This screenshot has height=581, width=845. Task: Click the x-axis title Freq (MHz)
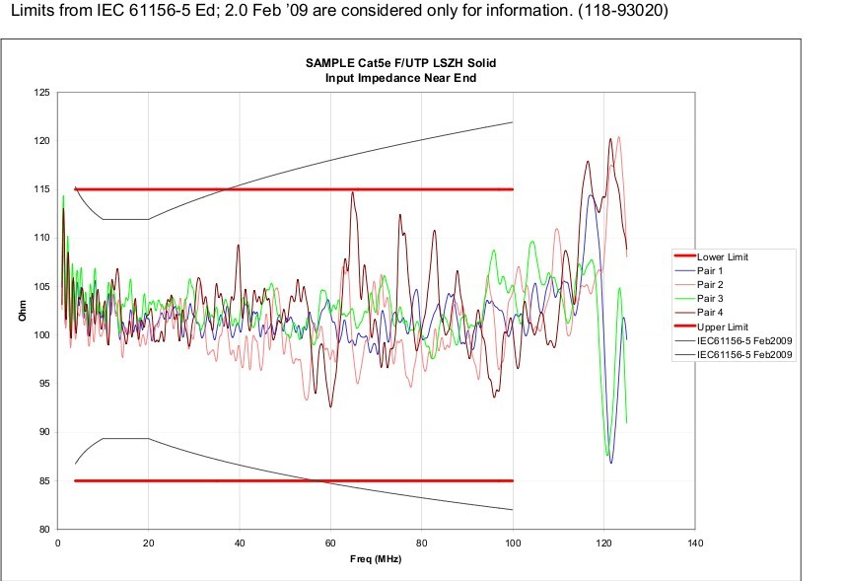click(x=377, y=559)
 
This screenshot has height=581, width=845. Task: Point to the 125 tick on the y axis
click(x=42, y=93)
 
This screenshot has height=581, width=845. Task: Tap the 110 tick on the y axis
click(x=42, y=238)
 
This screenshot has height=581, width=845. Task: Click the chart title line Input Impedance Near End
click(x=400, y=78)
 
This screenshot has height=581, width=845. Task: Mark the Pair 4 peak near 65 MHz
click(x=352, y=193)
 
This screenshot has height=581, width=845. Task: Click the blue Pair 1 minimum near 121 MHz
click(x=611, y=462)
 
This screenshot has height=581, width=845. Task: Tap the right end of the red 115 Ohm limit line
click(x=513, y=189)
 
